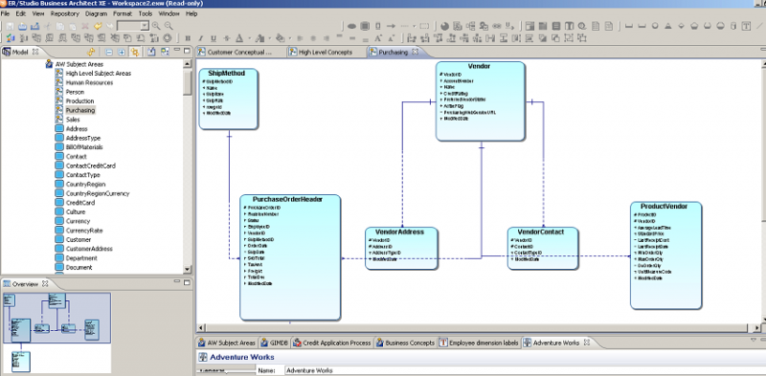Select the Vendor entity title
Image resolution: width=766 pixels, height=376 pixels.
coord(481,66)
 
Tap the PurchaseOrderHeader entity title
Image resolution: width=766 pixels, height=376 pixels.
coord(289,200)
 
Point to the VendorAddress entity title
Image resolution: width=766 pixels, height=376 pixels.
coord(400,232)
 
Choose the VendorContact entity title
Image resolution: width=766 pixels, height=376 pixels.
coord(541,232)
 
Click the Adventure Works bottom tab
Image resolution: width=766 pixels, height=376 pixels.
coord(555,342)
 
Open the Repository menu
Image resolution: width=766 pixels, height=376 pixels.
coord(65,14)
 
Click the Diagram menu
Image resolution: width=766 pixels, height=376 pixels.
coord(97,14)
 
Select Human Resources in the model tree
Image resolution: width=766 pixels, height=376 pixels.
coord(89,82)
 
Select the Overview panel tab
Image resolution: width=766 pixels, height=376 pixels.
coord(25,284)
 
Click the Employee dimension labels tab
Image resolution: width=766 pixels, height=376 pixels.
coord(483,342)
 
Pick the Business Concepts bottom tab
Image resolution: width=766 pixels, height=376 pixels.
coord(408,342)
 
